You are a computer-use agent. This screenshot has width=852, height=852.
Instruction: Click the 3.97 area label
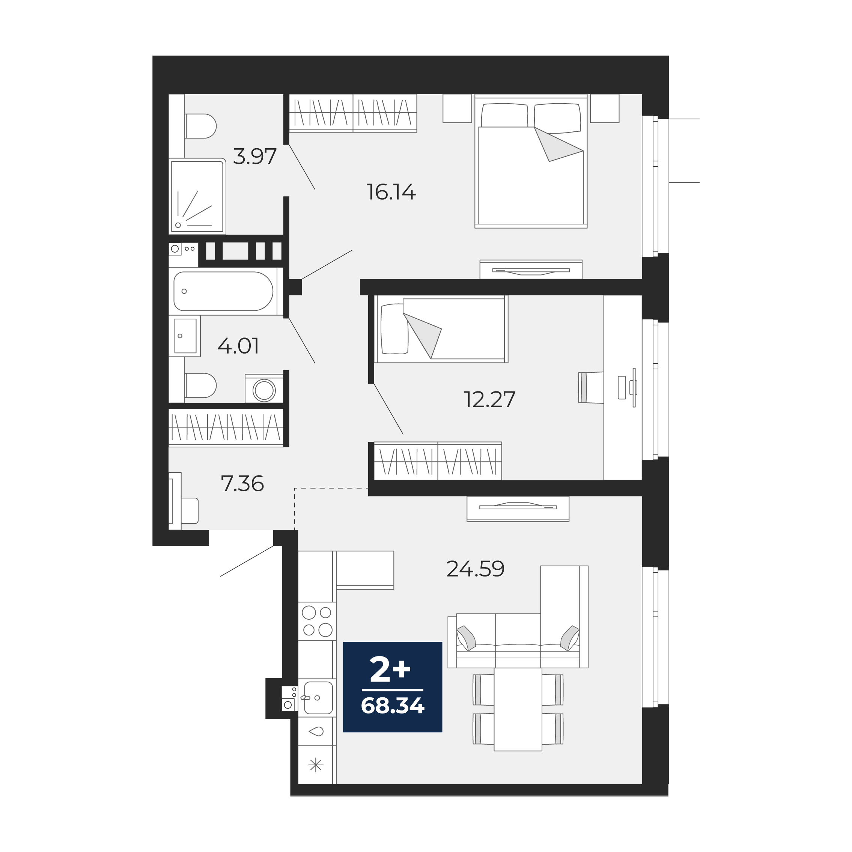(x=254, y=156)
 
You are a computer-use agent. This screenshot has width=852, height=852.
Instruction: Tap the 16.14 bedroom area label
(x=391, y=192)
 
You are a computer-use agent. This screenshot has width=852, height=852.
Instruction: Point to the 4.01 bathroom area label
(x=238, y=346)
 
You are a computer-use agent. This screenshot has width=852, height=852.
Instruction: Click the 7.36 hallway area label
(x=242, y=484)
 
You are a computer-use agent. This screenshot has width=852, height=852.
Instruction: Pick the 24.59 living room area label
(x=476, y=569)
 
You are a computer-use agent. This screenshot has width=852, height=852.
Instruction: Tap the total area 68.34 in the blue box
(x=393, y=706)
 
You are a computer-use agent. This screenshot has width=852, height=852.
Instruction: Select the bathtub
(x=224, y=291)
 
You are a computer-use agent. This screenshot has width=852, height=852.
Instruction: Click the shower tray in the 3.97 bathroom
(x=197, y=196)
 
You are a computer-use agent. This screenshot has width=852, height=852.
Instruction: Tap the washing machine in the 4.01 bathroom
(x=264, y=388)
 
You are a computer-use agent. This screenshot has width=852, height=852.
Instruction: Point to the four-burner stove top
(x=317, y=621)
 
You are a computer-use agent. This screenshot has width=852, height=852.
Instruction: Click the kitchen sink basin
(x=318, y=698)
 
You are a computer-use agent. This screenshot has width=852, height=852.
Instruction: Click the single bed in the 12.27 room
(x=441, y=329)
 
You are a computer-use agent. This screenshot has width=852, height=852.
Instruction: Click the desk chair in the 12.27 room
(x=591, y=388)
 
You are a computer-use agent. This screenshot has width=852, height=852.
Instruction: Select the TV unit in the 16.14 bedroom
(x=531, y=269)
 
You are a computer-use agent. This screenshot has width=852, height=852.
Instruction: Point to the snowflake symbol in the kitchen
(x=316, y=766)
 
